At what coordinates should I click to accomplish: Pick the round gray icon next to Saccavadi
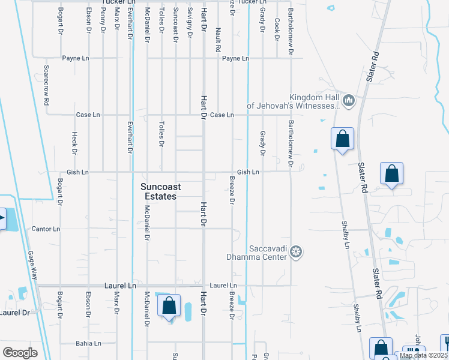click(295, 252)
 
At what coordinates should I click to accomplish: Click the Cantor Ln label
click(46, 229)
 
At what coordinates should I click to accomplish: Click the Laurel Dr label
click(14, 313)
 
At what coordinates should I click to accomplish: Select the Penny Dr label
click(103, 20)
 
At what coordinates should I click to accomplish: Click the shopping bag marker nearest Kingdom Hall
click(342, 139)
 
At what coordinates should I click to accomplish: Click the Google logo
click(20, 353)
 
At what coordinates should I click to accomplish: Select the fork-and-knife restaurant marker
click(413, 353)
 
